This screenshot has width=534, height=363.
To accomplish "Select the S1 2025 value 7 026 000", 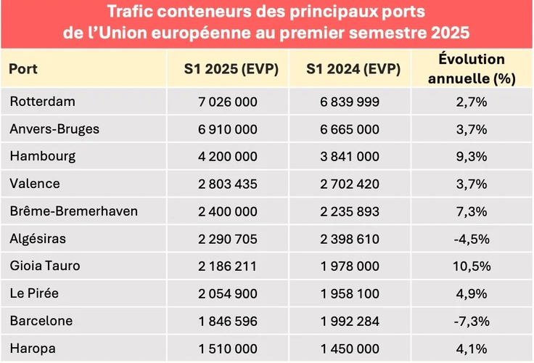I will click(x=228, y=102).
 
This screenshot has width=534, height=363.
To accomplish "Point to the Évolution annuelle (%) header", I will click(x=472, y=70).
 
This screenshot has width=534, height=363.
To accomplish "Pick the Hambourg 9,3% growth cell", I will click(x=472, y=156).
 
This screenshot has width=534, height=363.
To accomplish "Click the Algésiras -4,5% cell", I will click(x=472, y=238).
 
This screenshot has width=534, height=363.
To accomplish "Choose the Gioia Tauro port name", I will click(x=45, y=266).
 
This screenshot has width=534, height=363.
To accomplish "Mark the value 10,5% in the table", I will click(x=472, y=266).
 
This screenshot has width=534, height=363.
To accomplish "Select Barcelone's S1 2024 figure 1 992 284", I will click(x=350, y=320).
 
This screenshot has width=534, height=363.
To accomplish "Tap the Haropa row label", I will click(x=32, y=348).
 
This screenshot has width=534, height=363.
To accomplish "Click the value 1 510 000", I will click(x=228, y=348).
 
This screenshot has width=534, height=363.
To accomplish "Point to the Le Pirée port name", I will click(x=35, y=293).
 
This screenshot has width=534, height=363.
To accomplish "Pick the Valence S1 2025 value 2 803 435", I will click(x=228, y=184).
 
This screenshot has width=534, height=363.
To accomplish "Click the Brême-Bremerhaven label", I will click(x=64, y=211).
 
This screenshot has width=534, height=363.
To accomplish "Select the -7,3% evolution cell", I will click(x=472, y=320).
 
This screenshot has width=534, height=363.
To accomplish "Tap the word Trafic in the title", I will click(x=132, y=13).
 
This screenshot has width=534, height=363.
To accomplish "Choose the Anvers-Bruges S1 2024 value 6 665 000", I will click(x=350, y=129).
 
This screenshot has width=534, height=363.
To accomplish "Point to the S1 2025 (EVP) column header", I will click(x=228, y=70).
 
